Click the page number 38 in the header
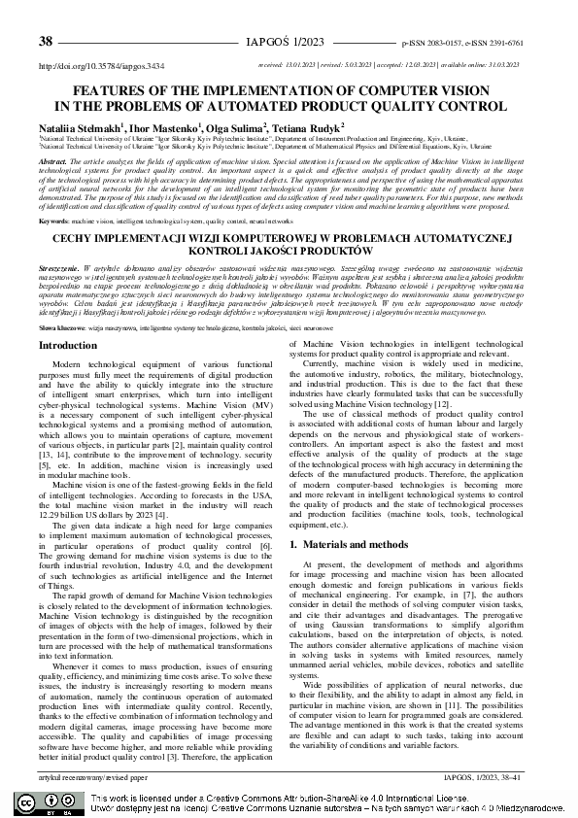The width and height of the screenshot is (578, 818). coord(45,42)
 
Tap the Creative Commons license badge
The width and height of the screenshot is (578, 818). coord(42,802)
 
